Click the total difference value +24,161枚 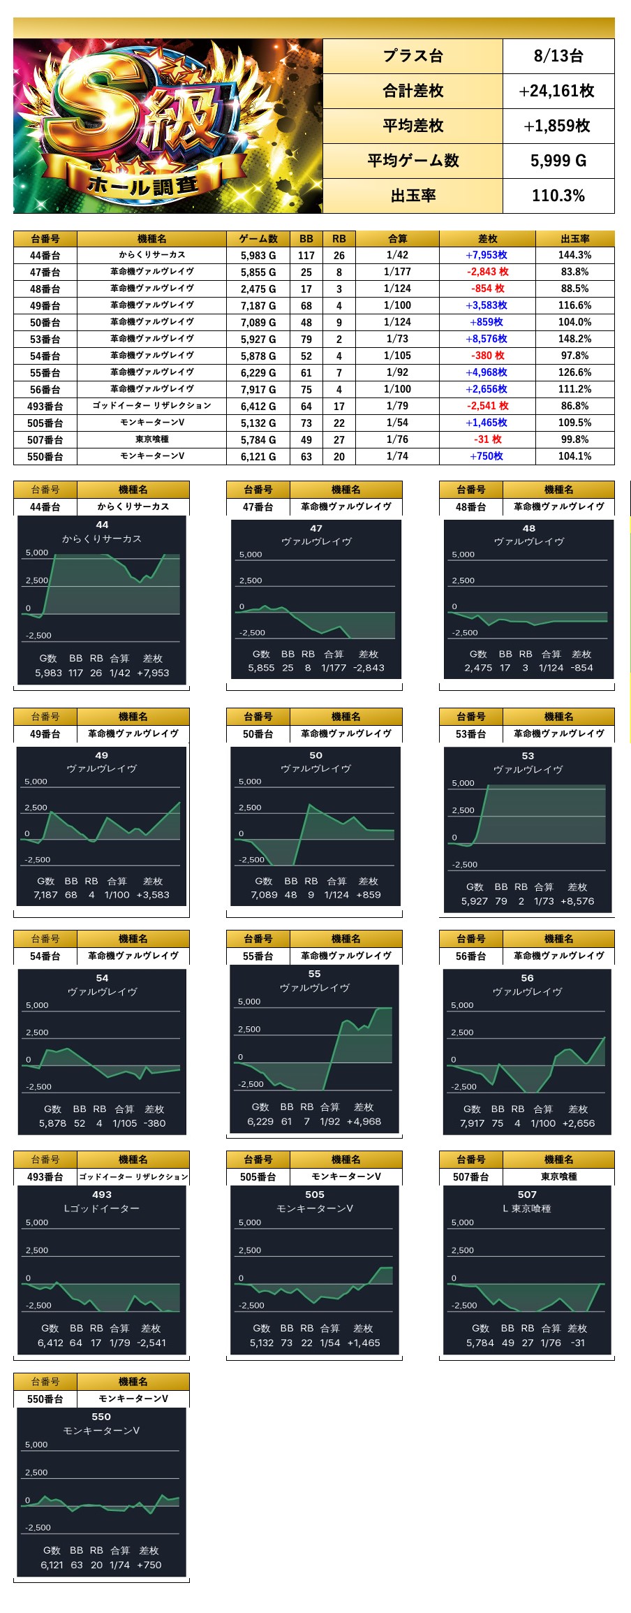[558, 91]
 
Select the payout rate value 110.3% [558, 196]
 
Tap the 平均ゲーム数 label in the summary [413, 161]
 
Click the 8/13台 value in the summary [558, 56]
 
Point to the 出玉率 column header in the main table [574, 239]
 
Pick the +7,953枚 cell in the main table [487, 255]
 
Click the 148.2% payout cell [574, 339]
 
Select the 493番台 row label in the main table [45, 406]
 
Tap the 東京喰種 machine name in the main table [151, 439]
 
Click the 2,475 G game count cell [258, 289]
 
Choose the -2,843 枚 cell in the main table [487, 272]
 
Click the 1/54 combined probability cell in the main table [398, 423]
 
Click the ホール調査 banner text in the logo [143, 186]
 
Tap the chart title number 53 [528, 756]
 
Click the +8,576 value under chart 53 [577, 901]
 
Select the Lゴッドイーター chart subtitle [102, 1209]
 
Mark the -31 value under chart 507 [577, 1343]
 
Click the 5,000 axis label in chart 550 [36, 1445]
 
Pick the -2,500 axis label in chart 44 [38, 636]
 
